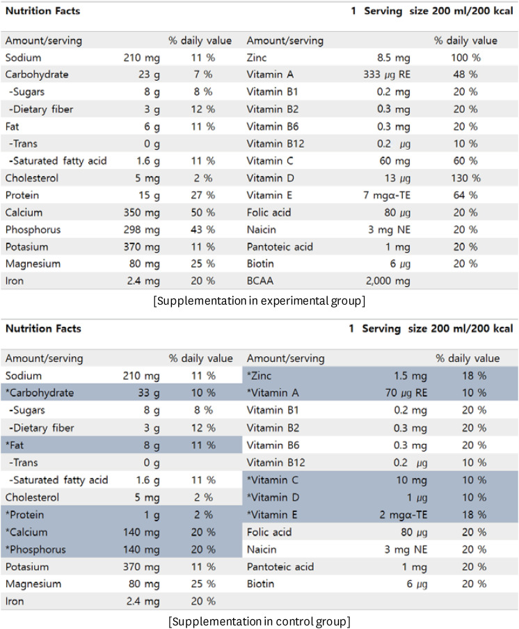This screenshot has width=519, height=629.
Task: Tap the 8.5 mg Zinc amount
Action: coord(394,58)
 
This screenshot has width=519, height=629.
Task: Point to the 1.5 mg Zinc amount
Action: coord(410,376)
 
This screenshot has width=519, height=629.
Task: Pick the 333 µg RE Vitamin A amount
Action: coord(387,75)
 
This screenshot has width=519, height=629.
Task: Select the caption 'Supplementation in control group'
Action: coord(259,620)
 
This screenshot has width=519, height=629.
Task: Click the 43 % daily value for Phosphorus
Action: coord(200,230)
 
